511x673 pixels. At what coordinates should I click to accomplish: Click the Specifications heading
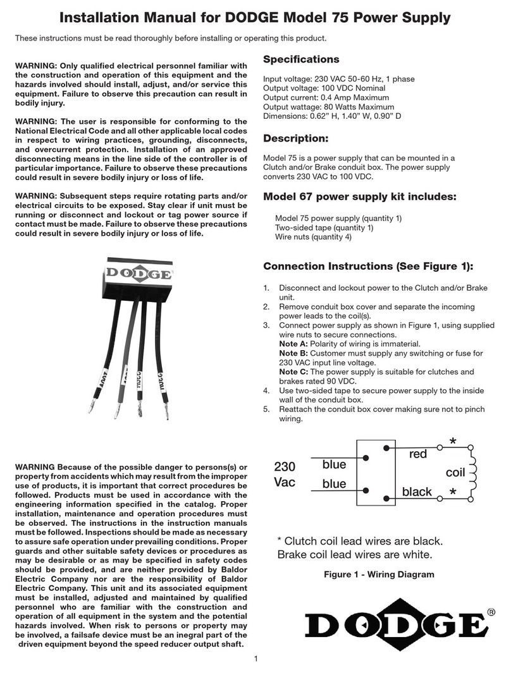(301, 59)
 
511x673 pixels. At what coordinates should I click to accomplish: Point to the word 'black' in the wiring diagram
(417, 492)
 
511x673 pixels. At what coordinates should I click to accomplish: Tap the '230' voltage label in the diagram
(285, 467)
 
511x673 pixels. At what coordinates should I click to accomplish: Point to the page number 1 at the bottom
(255, 660)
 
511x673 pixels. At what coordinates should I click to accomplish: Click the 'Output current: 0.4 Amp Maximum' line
(325, 98)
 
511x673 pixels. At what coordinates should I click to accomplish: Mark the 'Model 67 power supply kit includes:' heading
(359, 197)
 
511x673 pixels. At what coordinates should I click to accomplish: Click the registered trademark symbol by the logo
(491, 611)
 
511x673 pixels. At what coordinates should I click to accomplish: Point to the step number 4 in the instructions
(266, 389)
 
